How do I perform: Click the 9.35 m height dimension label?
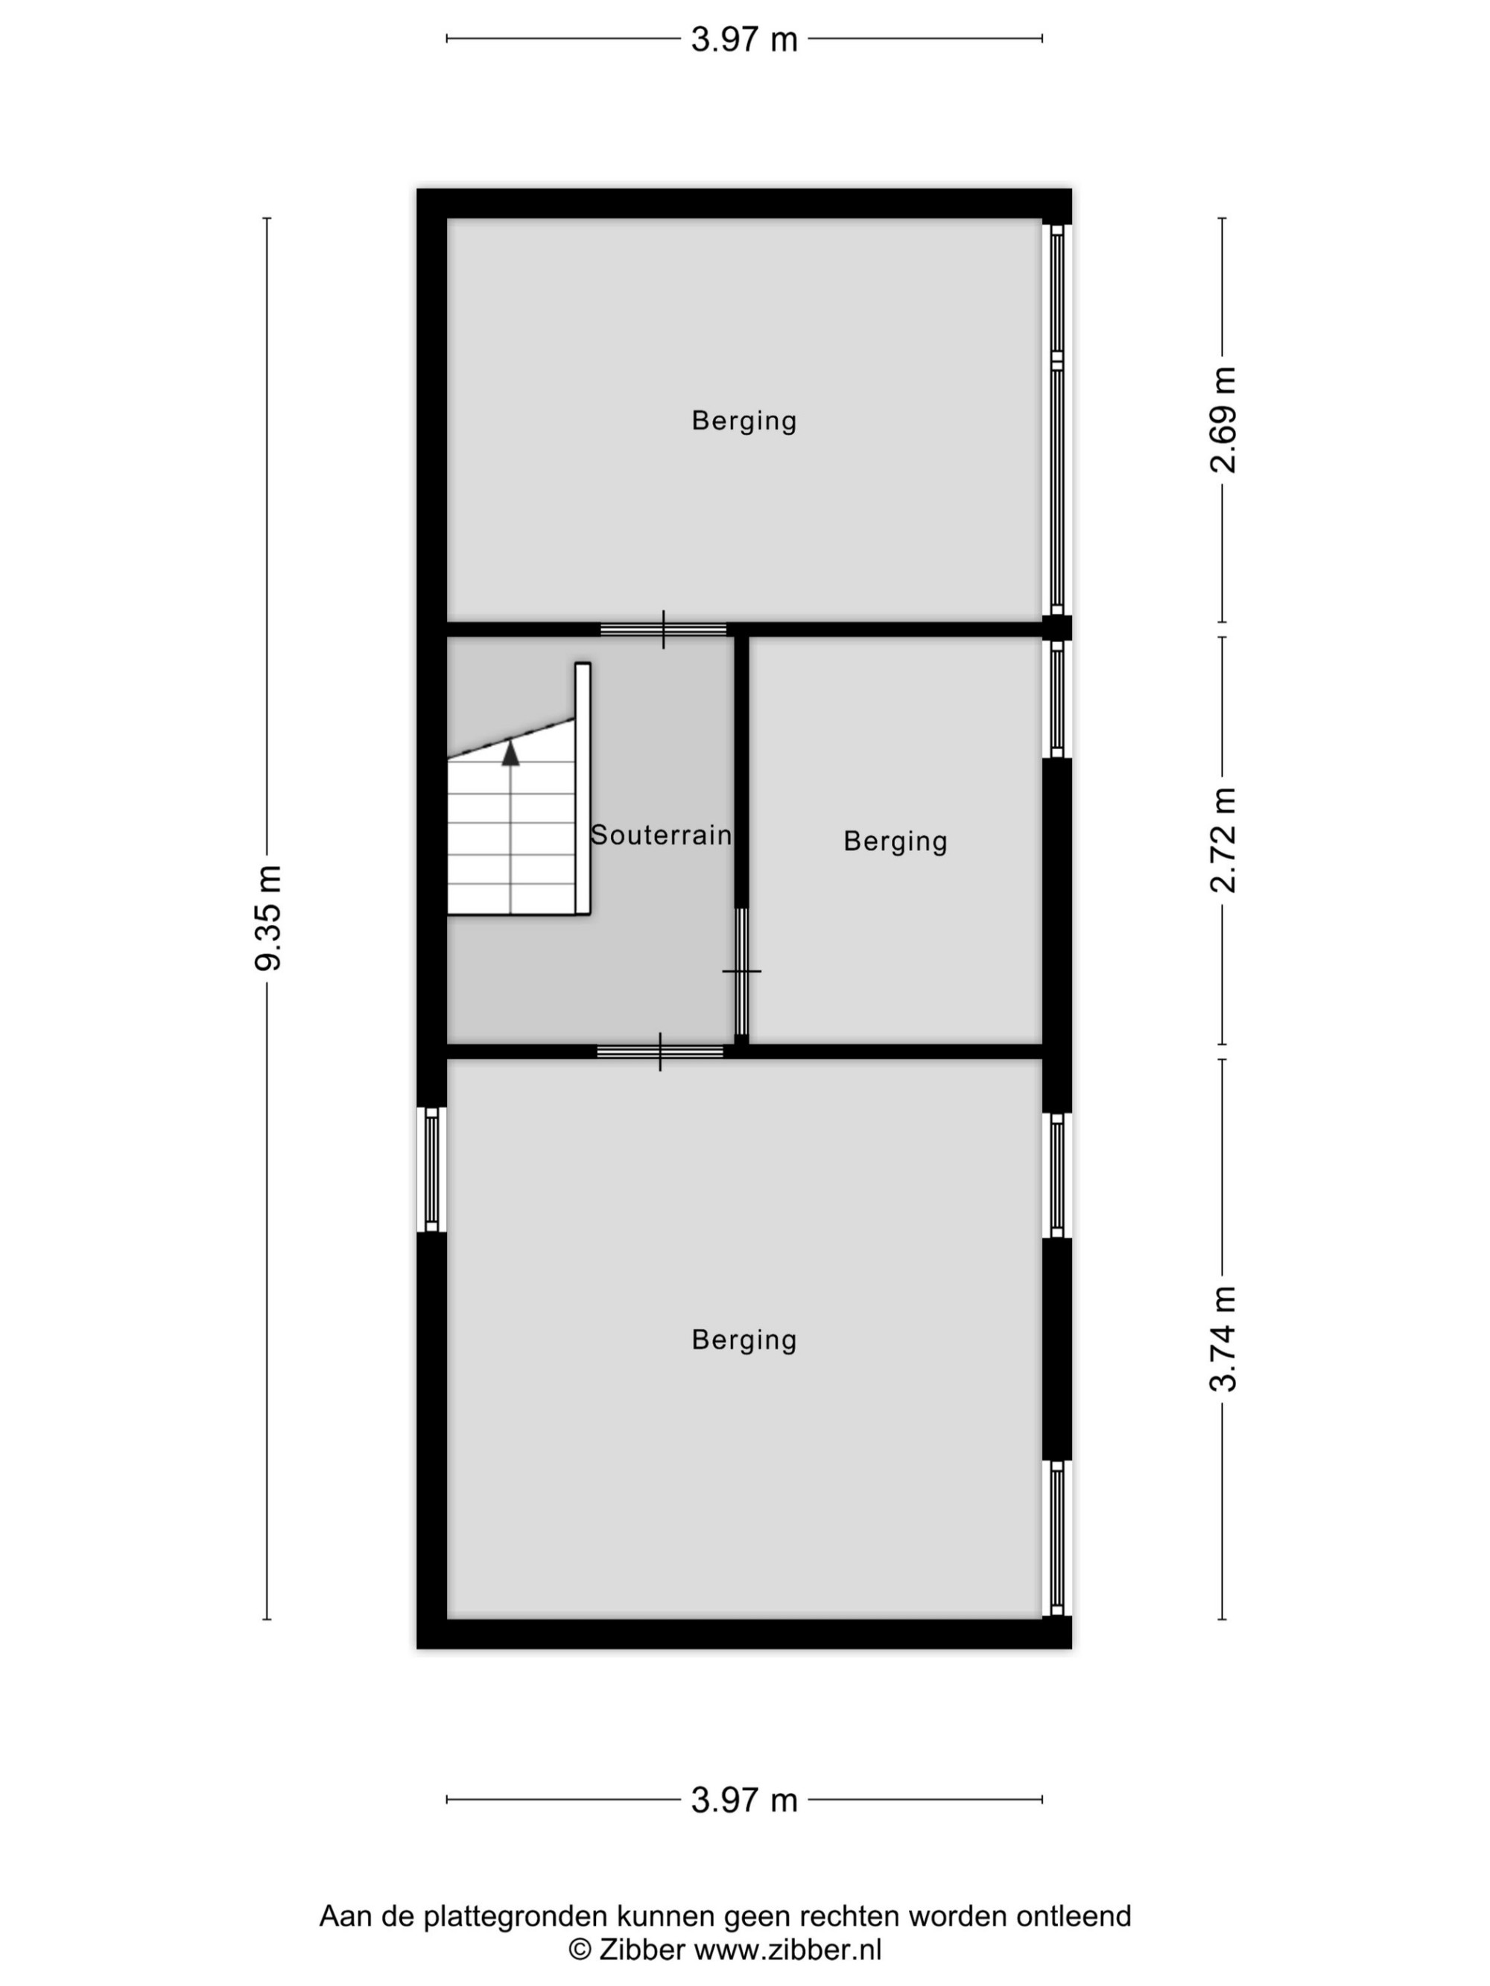click(267, 917)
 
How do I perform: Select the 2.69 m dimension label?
click(1223, 419)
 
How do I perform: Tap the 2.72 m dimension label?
click(1223, 839)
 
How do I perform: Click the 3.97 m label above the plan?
click(744, 39)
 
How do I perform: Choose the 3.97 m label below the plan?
click(744, 1800)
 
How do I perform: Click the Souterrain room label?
click(661, 835)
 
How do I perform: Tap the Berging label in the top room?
click(744, 420)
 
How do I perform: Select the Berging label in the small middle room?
click(895, 841)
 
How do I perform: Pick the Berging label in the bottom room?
click(744, 1340)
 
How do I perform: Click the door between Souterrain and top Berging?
click(664, 629)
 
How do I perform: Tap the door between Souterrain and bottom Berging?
click(660, 1051)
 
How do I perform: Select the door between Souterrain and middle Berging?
click(742, 972)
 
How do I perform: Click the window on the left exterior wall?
click(431, 1169)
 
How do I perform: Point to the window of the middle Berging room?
click(1057, 698)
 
